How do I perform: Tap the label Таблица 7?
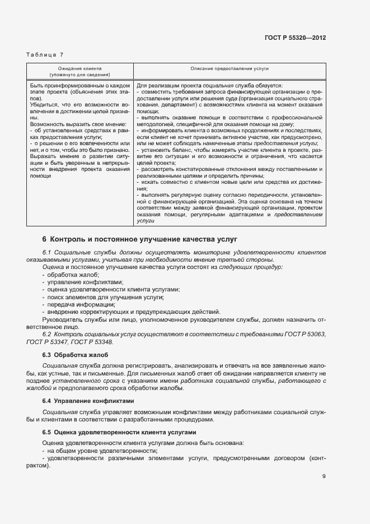(45, 54)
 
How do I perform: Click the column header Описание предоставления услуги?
(230, 68)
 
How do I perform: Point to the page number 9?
(324, 476)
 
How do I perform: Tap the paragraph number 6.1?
(47, 253)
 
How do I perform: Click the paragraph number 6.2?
(47, 334)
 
